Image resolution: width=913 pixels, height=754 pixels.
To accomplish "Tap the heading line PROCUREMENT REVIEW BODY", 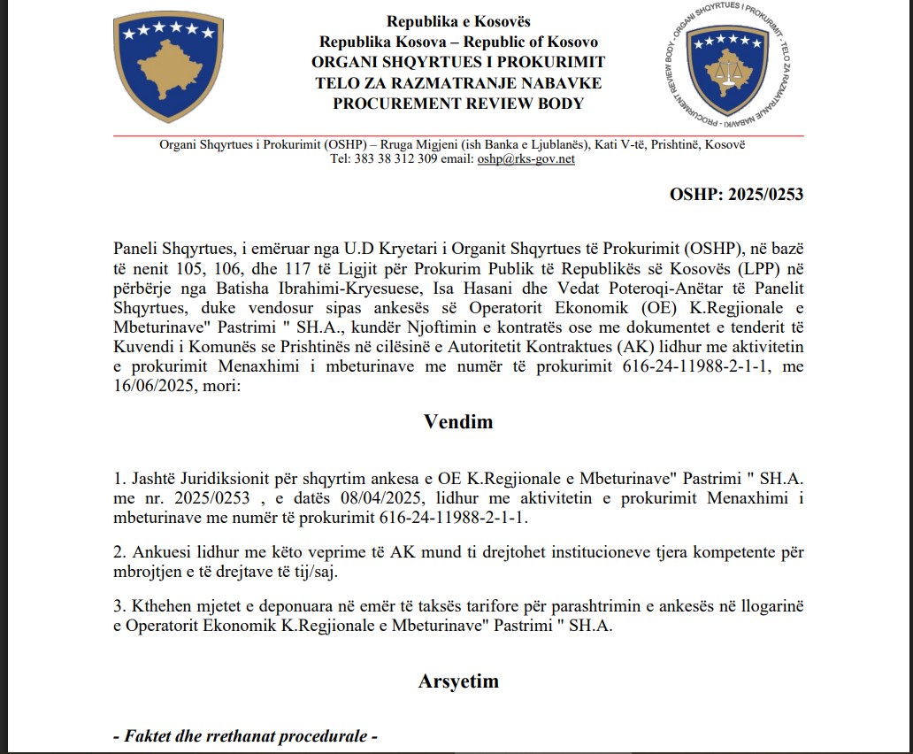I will pos(458,104).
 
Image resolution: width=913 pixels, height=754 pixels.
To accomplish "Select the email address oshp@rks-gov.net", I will pos(526,159).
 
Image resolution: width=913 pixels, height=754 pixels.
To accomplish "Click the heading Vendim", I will pos(458,421).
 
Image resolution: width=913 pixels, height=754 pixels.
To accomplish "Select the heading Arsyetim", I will pos(458,681).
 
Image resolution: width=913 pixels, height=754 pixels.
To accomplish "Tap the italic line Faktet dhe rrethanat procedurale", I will pos(246,736).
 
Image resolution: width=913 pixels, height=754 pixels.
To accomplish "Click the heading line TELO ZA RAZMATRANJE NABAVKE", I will pos(458,83).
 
